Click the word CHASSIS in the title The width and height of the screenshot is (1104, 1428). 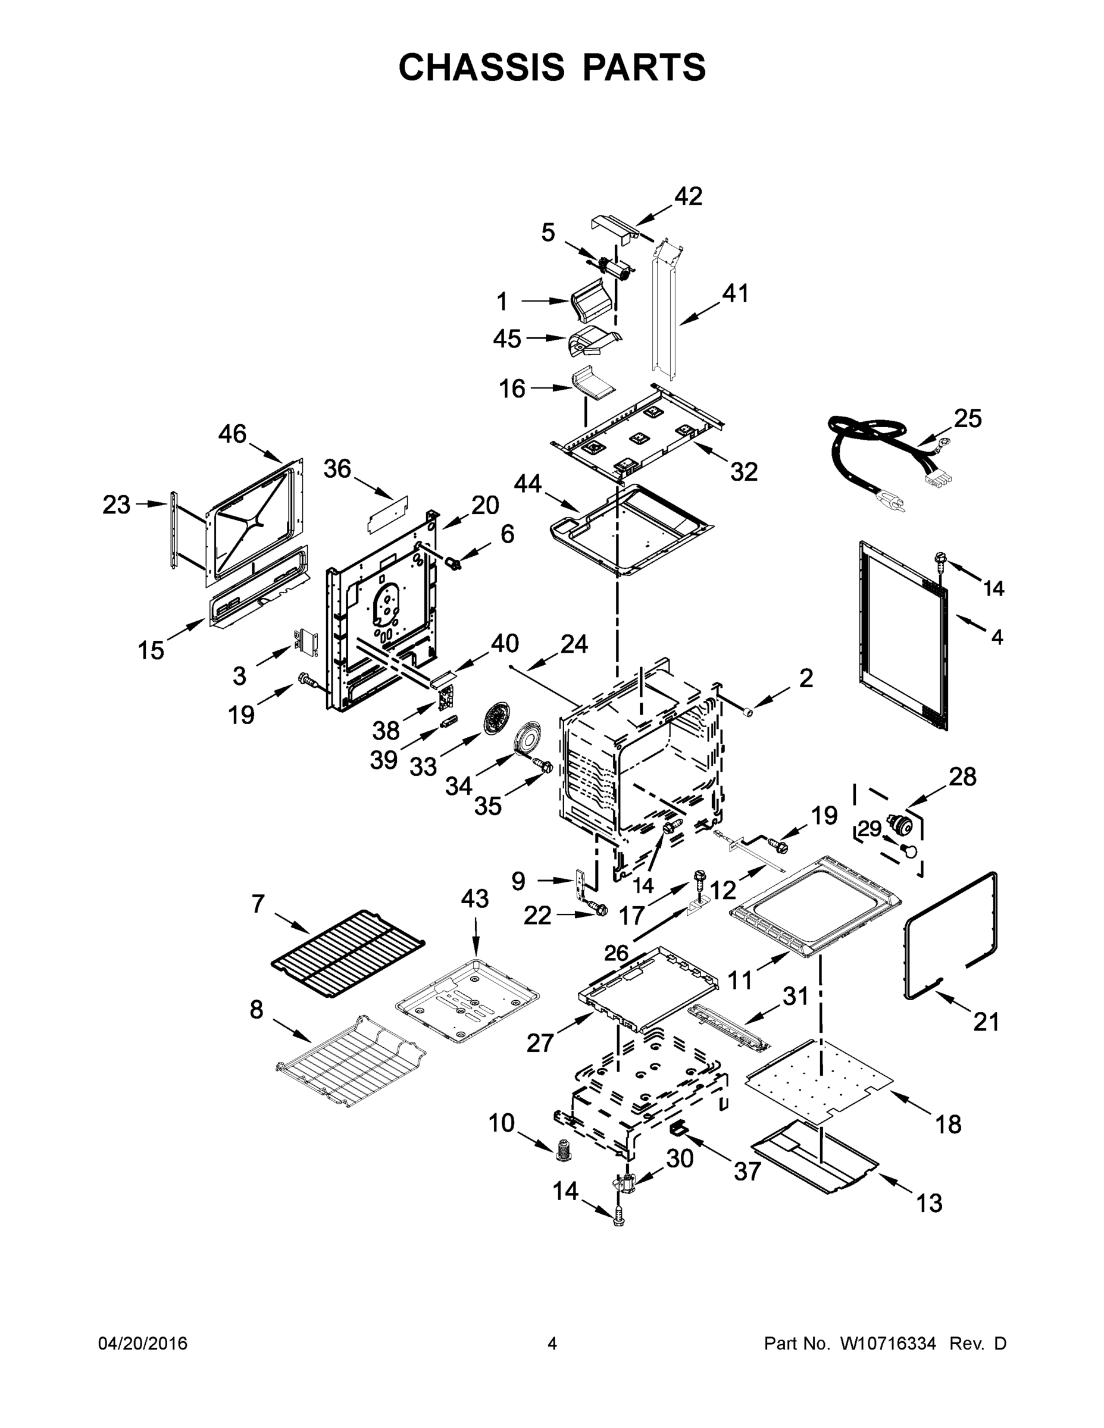(481, 67)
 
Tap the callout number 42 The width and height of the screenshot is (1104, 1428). (688, 196)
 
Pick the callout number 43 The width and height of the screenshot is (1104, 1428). (474, 898)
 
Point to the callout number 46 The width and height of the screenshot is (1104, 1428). (232, 434)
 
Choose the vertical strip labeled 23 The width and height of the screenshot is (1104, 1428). (174, 530)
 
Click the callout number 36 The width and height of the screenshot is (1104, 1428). (337, 469)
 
